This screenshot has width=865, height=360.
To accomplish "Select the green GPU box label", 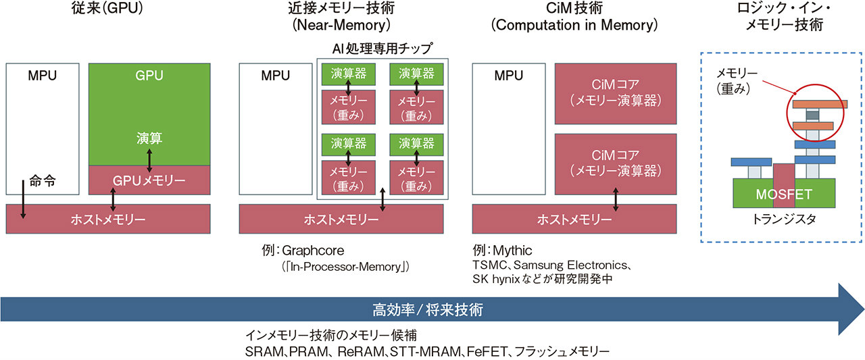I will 149,76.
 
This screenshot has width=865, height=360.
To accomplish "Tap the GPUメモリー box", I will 149,180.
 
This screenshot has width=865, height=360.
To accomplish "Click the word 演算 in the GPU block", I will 149,138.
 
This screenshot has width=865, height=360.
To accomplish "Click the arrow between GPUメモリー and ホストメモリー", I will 112,201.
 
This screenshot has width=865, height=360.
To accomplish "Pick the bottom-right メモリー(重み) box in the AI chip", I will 415,180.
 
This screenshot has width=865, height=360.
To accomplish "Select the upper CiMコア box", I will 616,95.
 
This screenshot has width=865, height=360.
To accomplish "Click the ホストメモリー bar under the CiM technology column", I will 574,220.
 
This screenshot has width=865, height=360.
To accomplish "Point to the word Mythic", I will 514,251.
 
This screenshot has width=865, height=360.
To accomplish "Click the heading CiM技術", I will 574,10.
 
